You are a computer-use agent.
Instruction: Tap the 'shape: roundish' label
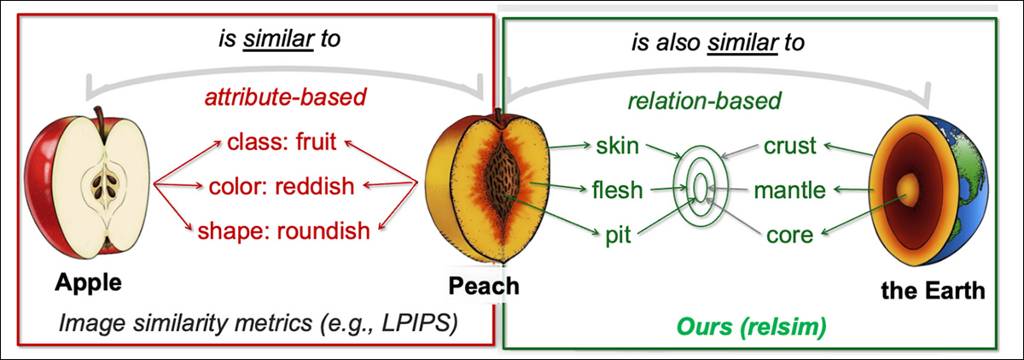coord(284,229)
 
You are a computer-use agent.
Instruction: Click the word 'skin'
coord(617,145)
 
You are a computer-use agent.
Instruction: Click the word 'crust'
coord(790,146)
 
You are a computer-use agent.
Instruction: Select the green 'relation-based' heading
coord(704,102)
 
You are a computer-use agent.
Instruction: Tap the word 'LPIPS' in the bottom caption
coord(421,323)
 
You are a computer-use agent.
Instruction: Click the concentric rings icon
coord(699,186)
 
